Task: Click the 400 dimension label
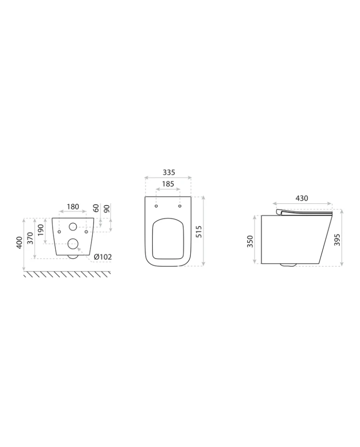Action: [19, 242]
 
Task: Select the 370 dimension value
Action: [30, 238]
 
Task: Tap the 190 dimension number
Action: [41, 230]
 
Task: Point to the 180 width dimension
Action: [73, 206]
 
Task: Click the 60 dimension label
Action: [96, 208]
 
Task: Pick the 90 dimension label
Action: [106, 208]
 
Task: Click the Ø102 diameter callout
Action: [103, 257]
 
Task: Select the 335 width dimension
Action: [169, 172]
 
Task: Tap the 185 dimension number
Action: [168, 184]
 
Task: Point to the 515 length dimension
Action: [199, 231]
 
